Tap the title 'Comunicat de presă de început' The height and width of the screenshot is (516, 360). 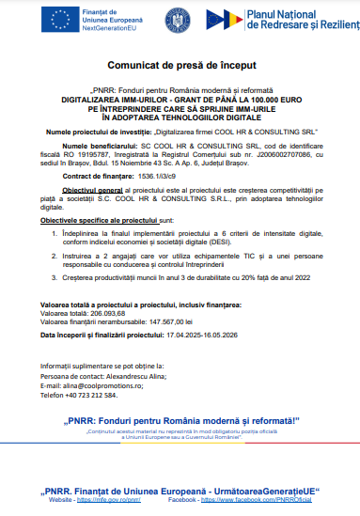click(179, 69)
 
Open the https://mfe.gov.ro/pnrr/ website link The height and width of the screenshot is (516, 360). click(115, 503)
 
